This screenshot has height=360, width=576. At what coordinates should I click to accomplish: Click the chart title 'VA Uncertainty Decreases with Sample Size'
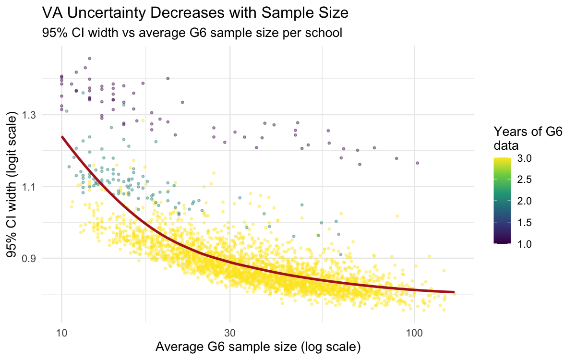194,13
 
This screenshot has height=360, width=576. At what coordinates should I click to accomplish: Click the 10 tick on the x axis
62,332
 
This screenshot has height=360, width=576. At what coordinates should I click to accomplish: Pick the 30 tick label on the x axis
230,332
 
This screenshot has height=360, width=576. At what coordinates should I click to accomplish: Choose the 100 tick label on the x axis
414,332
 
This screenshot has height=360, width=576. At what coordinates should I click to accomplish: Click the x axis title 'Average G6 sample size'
255,347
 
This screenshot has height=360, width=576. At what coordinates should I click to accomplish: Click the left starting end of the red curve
62,137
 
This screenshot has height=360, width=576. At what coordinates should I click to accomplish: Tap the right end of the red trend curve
454,292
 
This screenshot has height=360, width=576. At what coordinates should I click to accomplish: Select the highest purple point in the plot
89,59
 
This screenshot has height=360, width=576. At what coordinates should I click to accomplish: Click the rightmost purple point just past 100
418,163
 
